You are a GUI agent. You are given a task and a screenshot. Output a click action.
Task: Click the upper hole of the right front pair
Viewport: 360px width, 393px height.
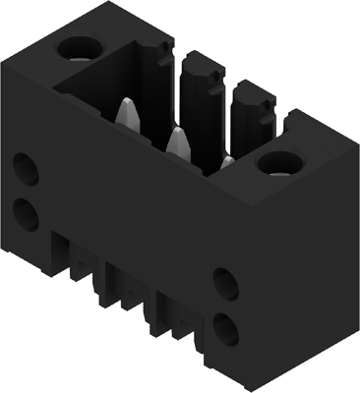pos(226,285)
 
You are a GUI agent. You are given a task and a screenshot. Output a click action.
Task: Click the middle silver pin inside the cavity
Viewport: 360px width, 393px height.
pos(177,140)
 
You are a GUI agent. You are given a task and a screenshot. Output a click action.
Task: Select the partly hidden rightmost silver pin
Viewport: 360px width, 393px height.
pos(227,161)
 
